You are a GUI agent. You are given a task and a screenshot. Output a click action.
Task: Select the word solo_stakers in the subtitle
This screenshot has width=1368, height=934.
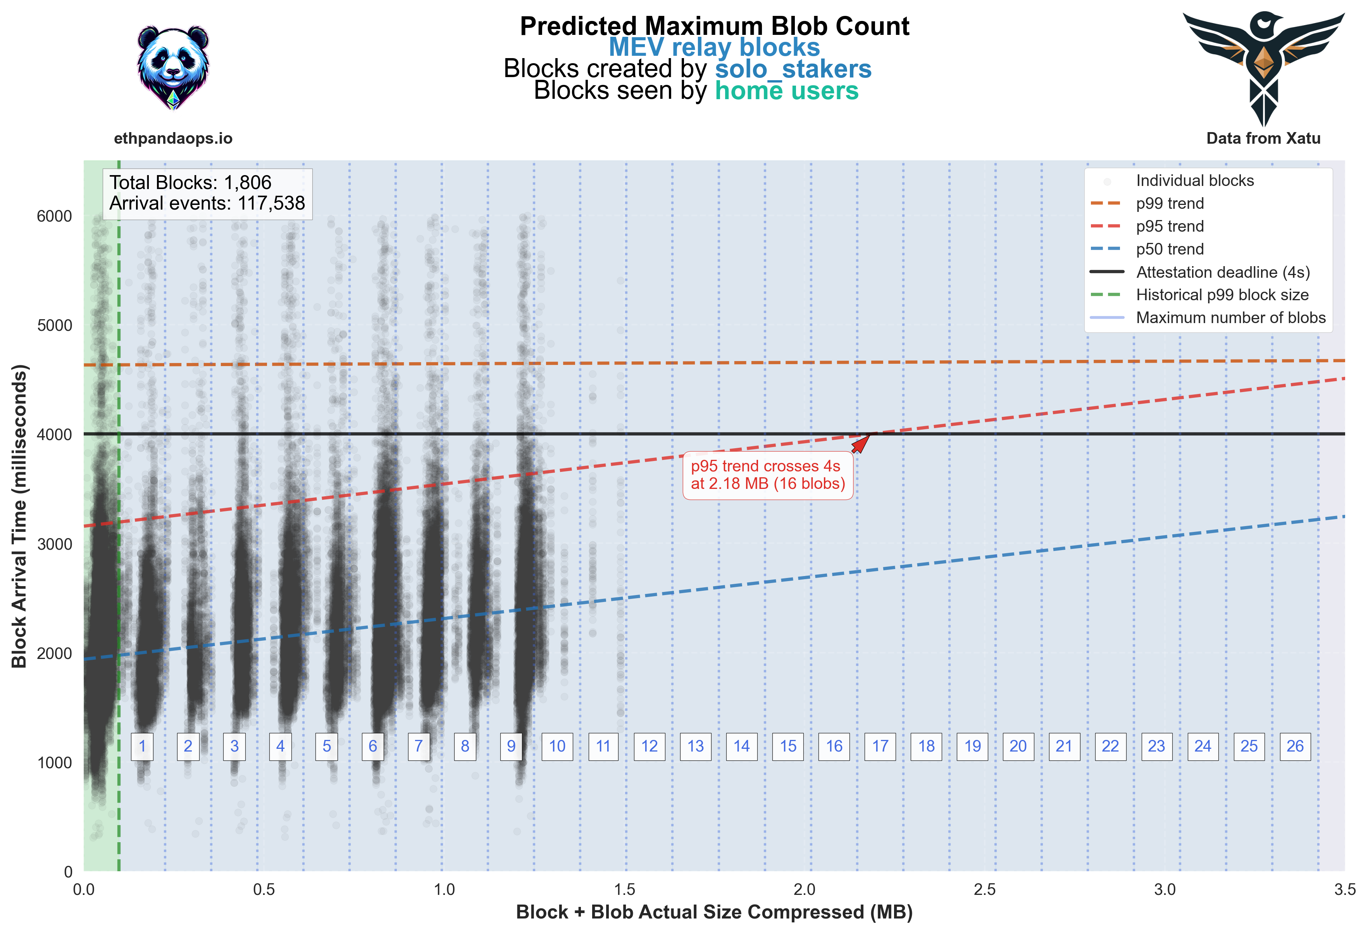point(793,69)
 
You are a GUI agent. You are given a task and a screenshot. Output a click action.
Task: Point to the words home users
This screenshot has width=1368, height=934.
point(786,91)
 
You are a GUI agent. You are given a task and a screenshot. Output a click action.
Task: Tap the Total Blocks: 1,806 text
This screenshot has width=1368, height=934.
point(190,182)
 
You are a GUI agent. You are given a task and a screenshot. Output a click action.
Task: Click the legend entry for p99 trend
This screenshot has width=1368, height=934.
point(1169,204)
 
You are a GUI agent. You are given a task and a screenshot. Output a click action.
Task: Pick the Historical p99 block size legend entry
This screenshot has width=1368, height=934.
point(1222,295)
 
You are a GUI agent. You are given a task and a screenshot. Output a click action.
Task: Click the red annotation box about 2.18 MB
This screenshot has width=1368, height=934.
point(768,475)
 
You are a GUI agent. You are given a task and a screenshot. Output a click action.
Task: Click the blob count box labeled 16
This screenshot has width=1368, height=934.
point(834,746)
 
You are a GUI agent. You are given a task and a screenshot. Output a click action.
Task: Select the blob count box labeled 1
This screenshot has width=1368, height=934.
point(142,746)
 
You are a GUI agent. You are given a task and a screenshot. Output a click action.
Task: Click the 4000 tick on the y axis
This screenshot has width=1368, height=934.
point(54,435)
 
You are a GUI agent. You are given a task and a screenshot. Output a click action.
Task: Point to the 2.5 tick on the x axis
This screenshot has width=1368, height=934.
point(984,889)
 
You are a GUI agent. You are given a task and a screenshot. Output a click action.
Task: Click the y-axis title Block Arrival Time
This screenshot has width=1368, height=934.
point(19,516)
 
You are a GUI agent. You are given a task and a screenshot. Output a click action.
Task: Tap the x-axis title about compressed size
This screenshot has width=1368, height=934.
point(714,912)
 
